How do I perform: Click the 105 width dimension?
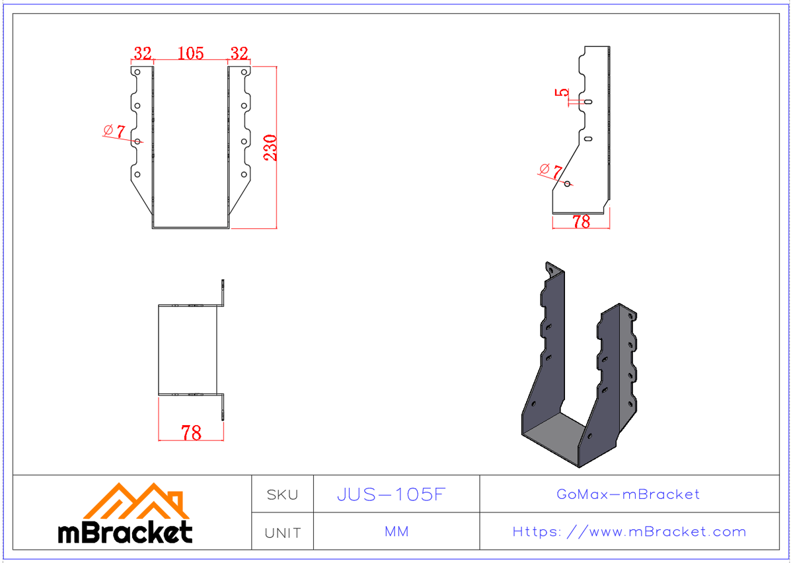click(191, 53)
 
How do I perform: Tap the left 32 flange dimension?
click(143, 53)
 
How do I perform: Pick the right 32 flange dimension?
click(239, 53)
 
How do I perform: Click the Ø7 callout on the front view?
click(114, 131)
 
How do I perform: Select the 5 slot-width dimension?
click(563, 92)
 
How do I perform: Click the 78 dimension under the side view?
click(581, 222)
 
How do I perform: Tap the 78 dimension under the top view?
click(191, 433)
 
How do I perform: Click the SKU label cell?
click(282, 494)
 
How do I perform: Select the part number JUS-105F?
click(393, 494)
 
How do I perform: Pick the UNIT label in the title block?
click(282, 532)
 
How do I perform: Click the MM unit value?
click(397, 532)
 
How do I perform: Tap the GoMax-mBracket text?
click(628, 494)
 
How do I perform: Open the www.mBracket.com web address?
click(629, 532)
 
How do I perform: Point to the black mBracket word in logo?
click(126, 532)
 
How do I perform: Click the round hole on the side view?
click(568, 183)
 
